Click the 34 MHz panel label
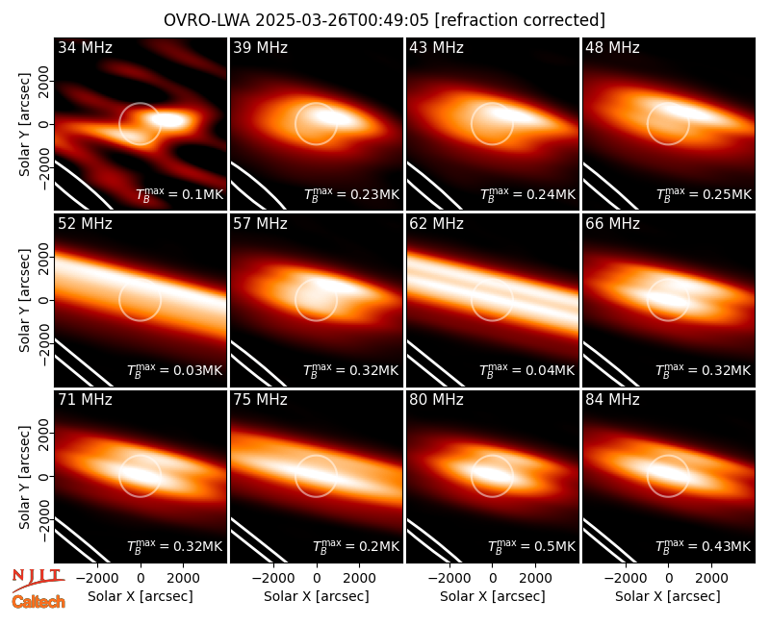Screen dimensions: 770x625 pos(85,47)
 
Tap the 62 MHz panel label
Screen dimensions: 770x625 pos(437,224)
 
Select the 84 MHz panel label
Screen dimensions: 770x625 pos(612,400)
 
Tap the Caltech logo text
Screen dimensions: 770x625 pos(38,602)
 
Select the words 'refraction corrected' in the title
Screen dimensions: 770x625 pos(520,20)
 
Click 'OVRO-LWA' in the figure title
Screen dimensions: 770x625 pos(207,20)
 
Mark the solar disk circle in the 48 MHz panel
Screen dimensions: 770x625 pos(668,103)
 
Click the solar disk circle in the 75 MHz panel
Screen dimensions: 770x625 pos(317,455)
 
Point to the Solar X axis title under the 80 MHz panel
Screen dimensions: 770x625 pos(493,596)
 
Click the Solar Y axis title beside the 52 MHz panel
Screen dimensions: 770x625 pos(24,300)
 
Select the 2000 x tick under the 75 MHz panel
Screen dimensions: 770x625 pos(359,578)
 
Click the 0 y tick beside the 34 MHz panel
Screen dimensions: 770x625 pos(45,124)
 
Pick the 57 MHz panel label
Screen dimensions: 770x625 pos(260,224)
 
